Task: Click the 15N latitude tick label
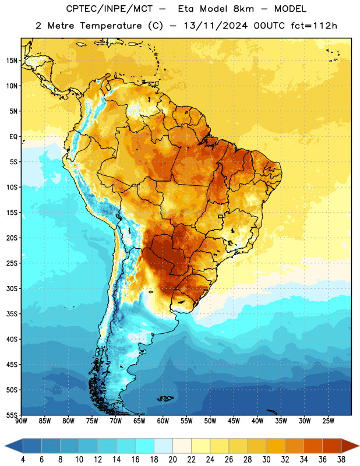(x=12, y=61)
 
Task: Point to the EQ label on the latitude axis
(x=13, y=137)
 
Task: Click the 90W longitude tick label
(x=21, y=421)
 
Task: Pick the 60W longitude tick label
(x=163, y=421)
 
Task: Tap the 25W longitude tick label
(x=328, y=421)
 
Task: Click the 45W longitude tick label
(x=234, y=421)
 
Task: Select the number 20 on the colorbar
(x=172, y=460)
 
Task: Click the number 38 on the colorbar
(x=341, y=460)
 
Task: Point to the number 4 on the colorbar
(x=23, y=460)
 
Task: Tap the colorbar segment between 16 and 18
(x=145, y=446)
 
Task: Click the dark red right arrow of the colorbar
(x=350, y=446)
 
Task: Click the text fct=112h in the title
(x=314, y=26)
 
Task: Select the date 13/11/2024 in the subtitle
(x=216, y=26)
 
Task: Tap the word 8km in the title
(x=243, y=9)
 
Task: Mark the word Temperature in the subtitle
(x=111, y=26)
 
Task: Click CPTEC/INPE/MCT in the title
(x=109, y=9)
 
